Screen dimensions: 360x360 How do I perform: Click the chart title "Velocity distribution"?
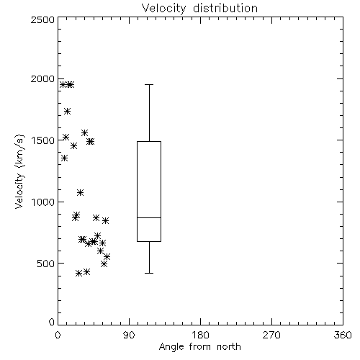tap(199, 9)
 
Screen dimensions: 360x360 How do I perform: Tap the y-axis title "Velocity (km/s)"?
tap(20, 171)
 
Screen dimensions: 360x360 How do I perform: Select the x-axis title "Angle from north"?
tap(199, 346)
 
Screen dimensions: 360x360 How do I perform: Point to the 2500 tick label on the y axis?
tap(42, 19)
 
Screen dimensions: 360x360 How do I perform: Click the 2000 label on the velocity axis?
tap(42, 78)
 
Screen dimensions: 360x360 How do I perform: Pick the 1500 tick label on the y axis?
tap(43, 140)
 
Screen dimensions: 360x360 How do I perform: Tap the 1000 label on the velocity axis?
tap(43, 202)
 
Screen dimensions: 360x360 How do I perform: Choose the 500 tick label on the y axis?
tap(45, 264)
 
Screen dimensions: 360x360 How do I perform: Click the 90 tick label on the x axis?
tap(129, 335)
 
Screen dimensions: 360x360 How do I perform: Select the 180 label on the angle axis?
tap(199, 335)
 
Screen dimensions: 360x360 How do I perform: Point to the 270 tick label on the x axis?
tap(271, 335)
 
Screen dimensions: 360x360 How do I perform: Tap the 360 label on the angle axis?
tap(343, 335)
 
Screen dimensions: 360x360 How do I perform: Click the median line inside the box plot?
tap(149, 217)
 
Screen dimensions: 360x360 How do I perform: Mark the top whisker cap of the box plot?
tap(149, 84)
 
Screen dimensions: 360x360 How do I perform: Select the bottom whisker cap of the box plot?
tap(149, 273)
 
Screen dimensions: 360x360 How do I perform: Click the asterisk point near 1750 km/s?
tap(67, 111)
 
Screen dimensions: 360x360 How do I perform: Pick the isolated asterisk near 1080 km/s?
tap(80, 192)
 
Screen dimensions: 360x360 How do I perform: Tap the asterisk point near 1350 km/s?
tap(64, 158)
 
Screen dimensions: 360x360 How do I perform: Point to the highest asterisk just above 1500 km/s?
tap(84, 132)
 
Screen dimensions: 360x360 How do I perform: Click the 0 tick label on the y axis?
tap(52, 322)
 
